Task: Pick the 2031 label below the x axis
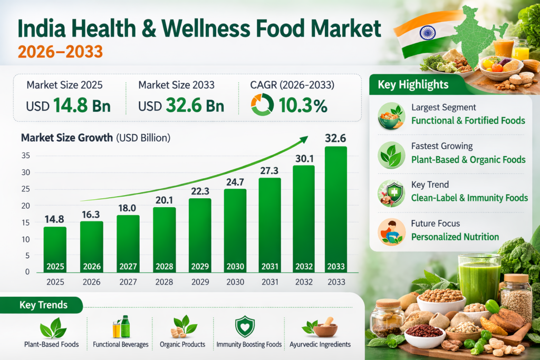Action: [269, 282]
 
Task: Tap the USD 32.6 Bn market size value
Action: [181, 105]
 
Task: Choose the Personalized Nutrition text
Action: [455, 237]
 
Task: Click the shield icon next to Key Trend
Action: [391, 193]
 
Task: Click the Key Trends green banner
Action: [44, 305]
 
